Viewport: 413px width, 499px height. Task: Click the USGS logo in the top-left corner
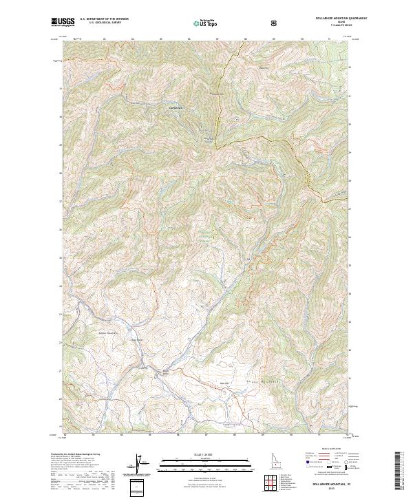pos(63,22)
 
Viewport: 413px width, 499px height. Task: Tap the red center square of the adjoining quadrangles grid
pos(268,478)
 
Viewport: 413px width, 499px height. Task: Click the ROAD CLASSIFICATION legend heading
pos(330,452)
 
